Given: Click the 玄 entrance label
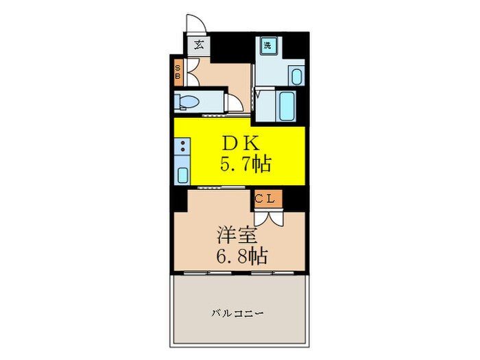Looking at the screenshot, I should pyautogui.click(x=198, y=46).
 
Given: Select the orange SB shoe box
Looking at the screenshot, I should pyautogui.click(x=178, y=72).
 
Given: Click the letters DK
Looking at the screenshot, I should pyautogui.click(x=240, y=143).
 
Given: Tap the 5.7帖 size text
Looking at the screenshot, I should pyautogui.click(x=244, y=164).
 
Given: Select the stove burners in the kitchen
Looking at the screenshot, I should pyautogui.click(x=182, y=145).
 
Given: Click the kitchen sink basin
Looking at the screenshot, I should pyautogui.click(x=182, y=173).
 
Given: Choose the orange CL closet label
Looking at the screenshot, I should pyautogui.click(x=265, y=199).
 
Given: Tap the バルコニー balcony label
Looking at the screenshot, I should pyautogui.click(x=237, y=313).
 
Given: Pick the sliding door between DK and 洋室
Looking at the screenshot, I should pyautogui.click(x=217, y=187).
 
